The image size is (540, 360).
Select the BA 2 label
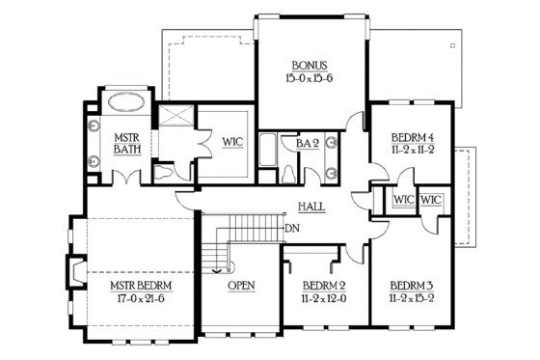[308, 144]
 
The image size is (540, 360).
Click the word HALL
[311, 207]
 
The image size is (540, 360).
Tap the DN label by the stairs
[294, 229]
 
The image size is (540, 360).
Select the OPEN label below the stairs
[241, 287]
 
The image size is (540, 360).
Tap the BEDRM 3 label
[412, 287]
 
